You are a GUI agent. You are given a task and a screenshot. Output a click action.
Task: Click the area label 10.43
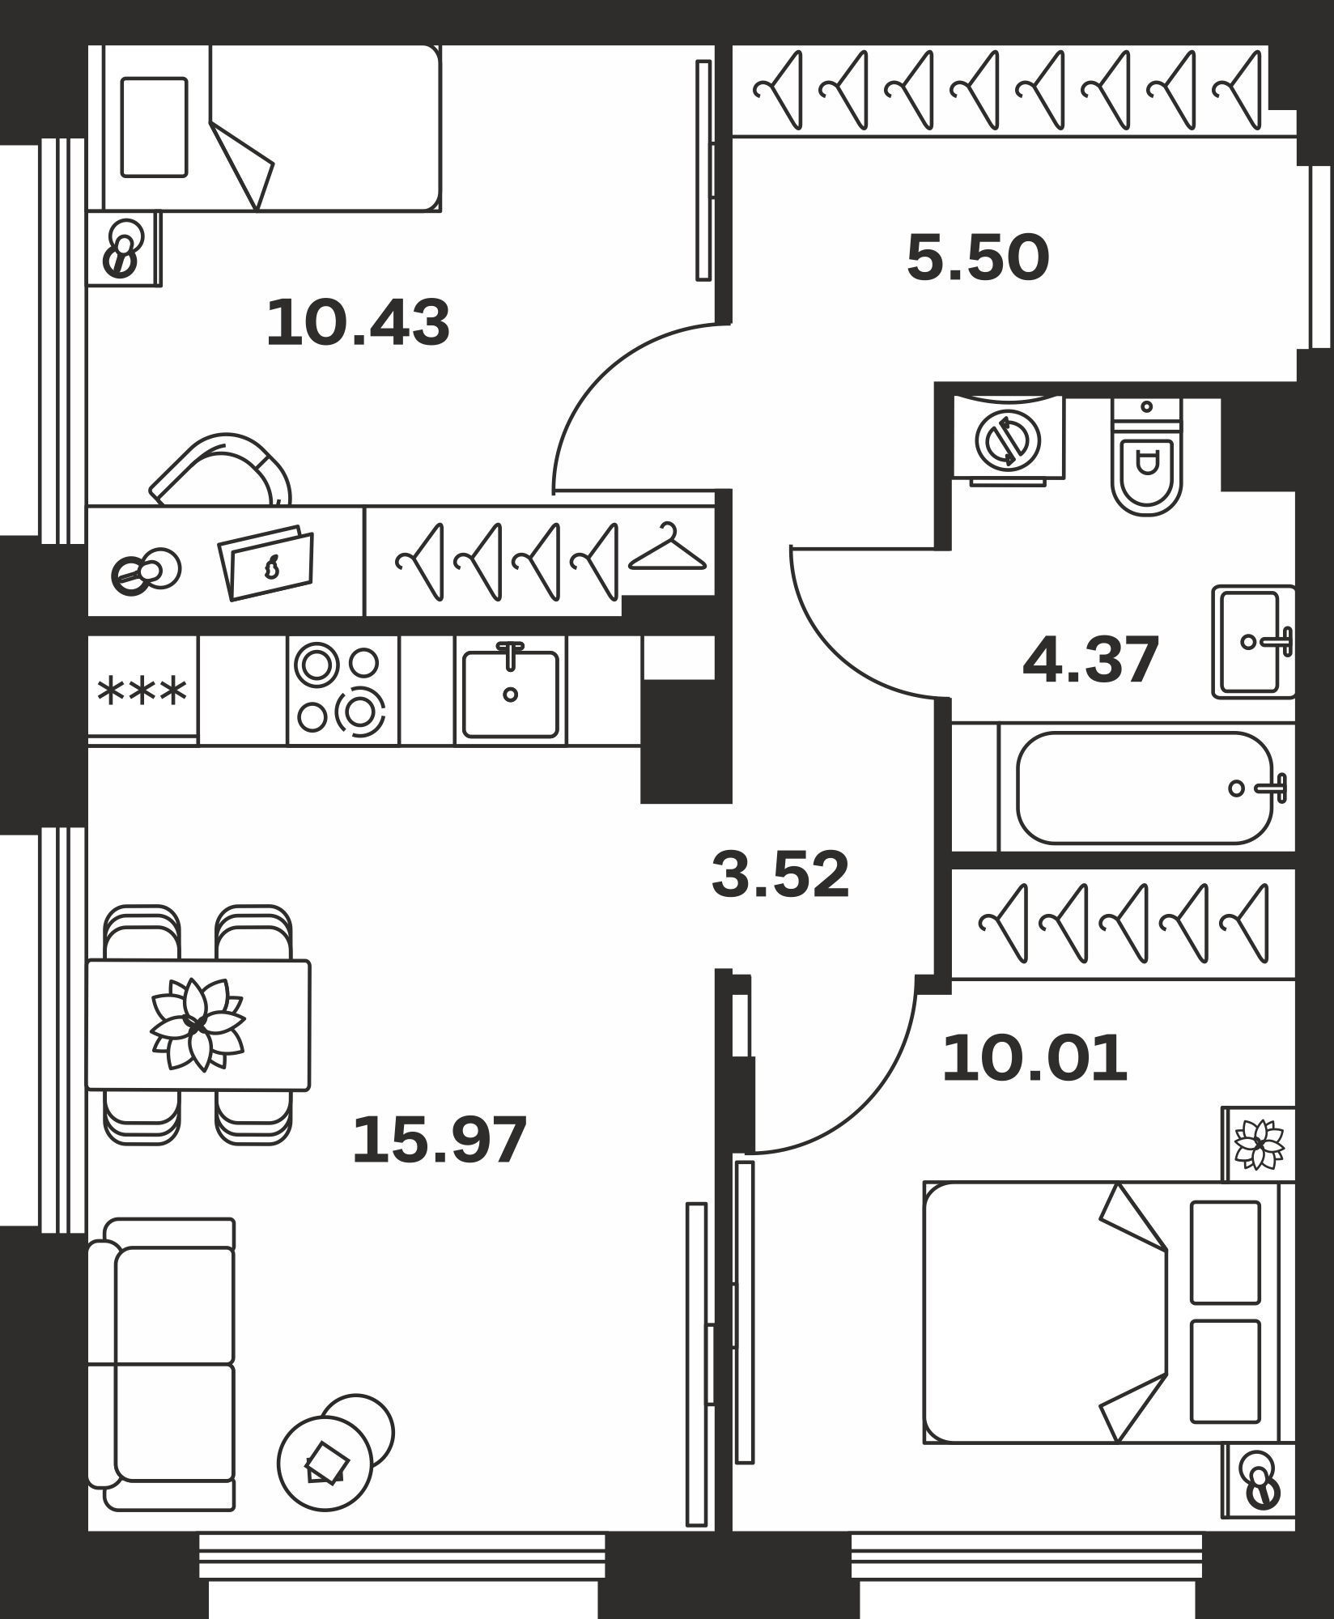pos(358,323)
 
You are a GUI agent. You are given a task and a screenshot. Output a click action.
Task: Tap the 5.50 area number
pos(978,257)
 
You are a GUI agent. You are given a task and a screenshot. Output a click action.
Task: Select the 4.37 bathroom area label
pos(1091,660)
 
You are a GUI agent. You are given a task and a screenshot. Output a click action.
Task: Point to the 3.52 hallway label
pos(780,874)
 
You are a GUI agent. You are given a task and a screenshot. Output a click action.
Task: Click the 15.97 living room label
pos(440,1140)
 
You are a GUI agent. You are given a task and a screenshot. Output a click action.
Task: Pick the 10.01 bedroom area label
pos(1034,1058)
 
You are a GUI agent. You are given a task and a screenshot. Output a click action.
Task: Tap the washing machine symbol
pos(1008,441)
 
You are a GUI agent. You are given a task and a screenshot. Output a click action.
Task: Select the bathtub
pos(1145,788)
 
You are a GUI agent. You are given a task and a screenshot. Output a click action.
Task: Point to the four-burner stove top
pos(342,690)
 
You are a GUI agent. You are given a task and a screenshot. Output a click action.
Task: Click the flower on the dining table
pos(197,1025)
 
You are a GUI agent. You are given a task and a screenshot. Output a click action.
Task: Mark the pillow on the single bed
pos(154,127)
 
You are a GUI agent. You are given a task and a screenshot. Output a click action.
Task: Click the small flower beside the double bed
pos(1260,1145)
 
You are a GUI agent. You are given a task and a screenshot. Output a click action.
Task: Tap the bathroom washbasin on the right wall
pos(1253,642)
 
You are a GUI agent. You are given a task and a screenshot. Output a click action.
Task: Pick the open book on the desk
pos(266,563)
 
